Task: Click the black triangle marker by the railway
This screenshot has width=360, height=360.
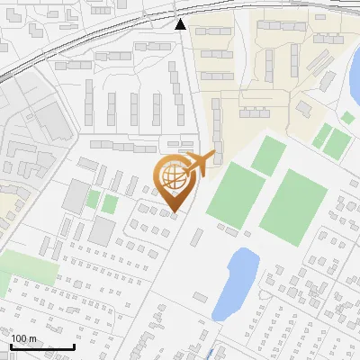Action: pyautogui.click(x=180, y=24)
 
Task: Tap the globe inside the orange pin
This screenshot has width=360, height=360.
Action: pyautogui.click(x=174, y=176)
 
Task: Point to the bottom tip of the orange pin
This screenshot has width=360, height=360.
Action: pyautogui.click(x=175, y=211)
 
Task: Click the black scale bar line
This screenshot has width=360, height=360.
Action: pyautogui.click(x=41, y=347)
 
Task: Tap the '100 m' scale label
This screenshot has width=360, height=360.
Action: pyautogui.click(x=24, y=338)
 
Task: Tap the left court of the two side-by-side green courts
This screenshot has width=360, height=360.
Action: pyautogui.click(x=322, y=136)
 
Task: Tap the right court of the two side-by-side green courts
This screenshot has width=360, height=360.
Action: pyautogui.click(x=337, y=143)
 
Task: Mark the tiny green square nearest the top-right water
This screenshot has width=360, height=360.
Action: pyautogui.click(x=347, y=117)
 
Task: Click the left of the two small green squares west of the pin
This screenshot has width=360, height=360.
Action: pyautogui.click(x=94, y=198)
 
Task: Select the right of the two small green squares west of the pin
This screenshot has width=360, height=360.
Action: pyautogui.click(x=109, y=203)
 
